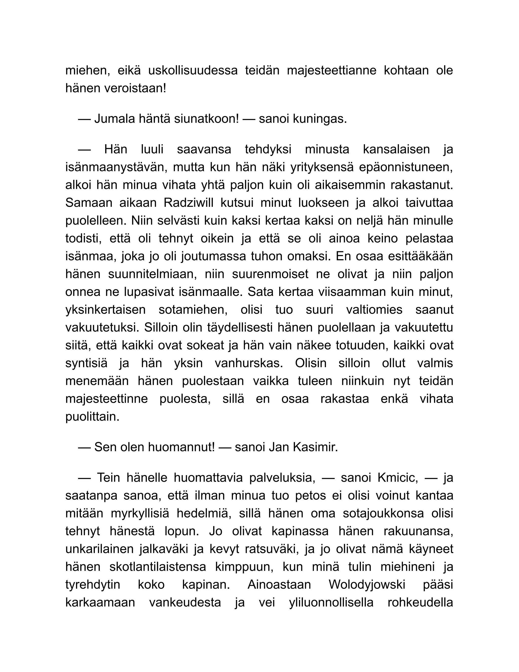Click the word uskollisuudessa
pyautogui.click(x=193, y=70)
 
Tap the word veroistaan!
pyautogui.click(x=135, y=88)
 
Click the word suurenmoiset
pyautogui.click(x=270, y=274)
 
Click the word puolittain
pyautogui.click(x=92, y=417)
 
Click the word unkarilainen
pyautogui.click(x=99, y=549)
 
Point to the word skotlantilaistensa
pyautogui.click(x=158, y=567)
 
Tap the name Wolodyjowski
pyautogui.click(x=367, y=585)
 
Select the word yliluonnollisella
pyautogui.click(x=331, y=603)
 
